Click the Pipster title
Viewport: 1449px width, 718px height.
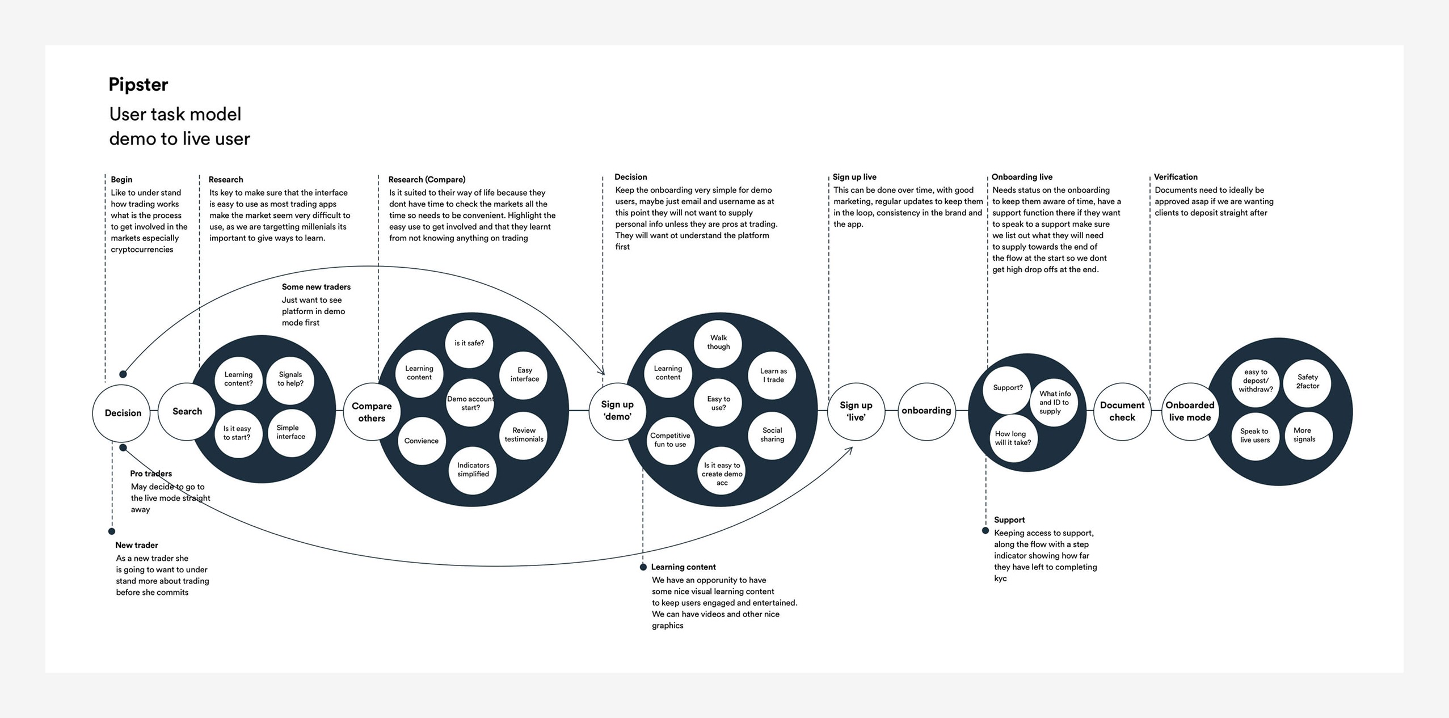click(x=138, y=85)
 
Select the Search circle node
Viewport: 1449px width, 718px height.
click(x=187, y=412)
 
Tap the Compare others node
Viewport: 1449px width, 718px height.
click(x=372, y=412)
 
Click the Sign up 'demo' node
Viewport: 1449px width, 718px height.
click(x=617, y=411)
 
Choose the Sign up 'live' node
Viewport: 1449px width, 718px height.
click(x=856, y=411)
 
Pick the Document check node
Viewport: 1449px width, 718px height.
click(x=1122, y=411)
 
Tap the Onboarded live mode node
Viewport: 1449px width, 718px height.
click(x=1190, y=411)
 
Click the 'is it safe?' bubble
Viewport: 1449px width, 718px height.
click(x=469, y=343)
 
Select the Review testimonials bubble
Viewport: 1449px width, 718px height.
click(x=524, y=435)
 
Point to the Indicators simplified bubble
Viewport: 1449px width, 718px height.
click(x=473, y=470)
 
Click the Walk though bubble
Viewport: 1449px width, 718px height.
click(x=718, y=343)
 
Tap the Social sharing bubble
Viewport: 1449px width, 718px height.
click(x=772, y=435)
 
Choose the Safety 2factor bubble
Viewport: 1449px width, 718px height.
click(x=1307, y=382)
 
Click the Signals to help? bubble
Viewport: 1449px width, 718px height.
click(x=290, y=379)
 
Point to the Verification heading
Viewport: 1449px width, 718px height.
click(x=1176, y=177)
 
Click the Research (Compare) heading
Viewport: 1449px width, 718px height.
click(x=427, y=179)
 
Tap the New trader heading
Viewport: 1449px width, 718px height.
click(x=137, y=545)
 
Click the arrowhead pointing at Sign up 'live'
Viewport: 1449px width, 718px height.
click(x=850, y=449)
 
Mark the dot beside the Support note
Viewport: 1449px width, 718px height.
click(x=985, y=531)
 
